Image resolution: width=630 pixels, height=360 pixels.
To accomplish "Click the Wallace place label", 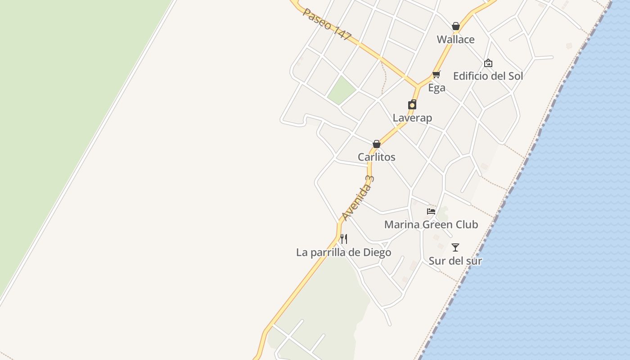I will pyautogui.click(x=455, y=40).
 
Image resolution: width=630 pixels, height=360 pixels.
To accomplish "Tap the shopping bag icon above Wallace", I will pyautogui.click(x=455, y=26).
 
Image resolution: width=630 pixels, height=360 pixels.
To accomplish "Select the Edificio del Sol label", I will pyautogui.click(x=488, y=76).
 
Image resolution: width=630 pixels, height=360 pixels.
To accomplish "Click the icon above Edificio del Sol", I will pyautogui.click(x=488, y=63).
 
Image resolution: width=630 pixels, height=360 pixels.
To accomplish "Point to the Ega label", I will pyautogui.click(x=436, y=88).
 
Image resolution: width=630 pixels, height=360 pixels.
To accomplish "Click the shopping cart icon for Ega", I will pyautogui.click(x=436, y=74).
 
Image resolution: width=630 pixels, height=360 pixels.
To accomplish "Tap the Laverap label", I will pyautogui.click(x=412, y=118).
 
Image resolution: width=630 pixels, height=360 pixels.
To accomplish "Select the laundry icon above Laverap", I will pyautogui.click(x=412, y=105).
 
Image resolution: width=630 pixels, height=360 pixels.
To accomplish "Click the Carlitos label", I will pyautogui.click(x=377, y=157).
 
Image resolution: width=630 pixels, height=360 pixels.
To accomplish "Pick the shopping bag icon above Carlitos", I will pyautogui.click(x=377, y=144).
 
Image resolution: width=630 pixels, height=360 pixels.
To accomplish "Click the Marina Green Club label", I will pyautogui.click(x=431, y=224).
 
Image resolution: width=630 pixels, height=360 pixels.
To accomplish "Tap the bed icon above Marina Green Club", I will pyautogui.click(x=431, y=211).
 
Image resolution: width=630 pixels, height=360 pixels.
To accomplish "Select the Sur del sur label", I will pyautogui.click(x=455, y=261).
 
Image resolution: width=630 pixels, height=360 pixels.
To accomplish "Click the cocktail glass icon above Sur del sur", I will pyautogui.click(x=455, y=247).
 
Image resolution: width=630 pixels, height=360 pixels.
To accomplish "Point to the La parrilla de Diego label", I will pyautogui.click(x=343, y=252).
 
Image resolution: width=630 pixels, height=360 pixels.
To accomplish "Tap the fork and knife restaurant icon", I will pyautogui.click(x=343, y=238).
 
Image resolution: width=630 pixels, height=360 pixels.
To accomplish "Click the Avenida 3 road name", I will pyautogui.click(x=358, y=198).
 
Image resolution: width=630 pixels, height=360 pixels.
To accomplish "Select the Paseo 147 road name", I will pyautogui.click(x=327, y=24).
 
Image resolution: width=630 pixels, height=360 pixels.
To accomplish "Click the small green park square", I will pyautogui.click(x=342, y=90).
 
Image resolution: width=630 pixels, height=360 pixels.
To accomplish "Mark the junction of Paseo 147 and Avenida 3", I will pyautogui.click(x=418, y=85).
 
